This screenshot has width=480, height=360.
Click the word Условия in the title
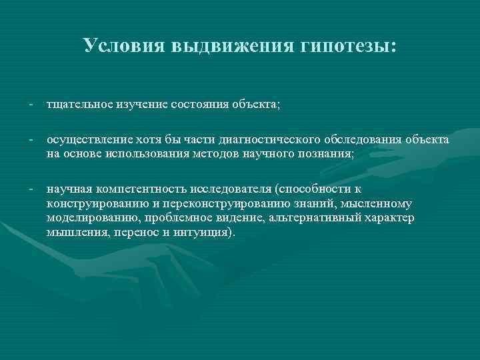pos(125,46)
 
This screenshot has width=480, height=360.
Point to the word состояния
pos(199,105)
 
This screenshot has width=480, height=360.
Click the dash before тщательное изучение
pos(31,105)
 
